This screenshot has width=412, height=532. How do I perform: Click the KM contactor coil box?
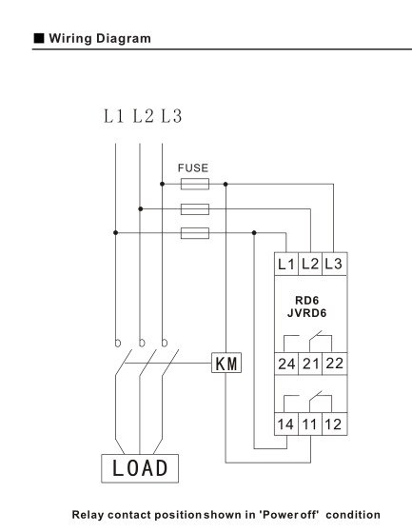(226, 363)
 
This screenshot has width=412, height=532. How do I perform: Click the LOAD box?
(140, 468)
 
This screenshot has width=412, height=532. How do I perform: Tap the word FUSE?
(193, 167)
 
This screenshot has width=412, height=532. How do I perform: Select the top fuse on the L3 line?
(195, 184)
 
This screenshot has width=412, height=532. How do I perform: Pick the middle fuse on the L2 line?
(195, 209)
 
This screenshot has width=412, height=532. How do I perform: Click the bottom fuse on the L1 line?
(195, 233)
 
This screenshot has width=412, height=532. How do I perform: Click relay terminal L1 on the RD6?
(286, 264)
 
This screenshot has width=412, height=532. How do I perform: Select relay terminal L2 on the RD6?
(310, 264)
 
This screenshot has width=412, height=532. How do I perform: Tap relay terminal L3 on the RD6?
(334, 264)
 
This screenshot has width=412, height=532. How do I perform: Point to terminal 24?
(286, 364)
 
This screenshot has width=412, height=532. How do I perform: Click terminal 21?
(310, 364)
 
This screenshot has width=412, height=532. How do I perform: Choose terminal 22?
(334, 364)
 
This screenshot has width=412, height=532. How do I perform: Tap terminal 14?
(286, 424)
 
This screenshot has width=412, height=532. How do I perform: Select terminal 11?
(310, 424)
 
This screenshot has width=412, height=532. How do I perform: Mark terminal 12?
(334, 424)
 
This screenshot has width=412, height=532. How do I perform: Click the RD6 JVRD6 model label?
(307, 306)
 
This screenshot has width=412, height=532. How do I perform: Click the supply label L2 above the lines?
(143, 116)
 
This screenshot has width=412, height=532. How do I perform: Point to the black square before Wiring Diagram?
(39, 38)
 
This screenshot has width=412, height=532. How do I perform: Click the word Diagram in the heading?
(124, 38)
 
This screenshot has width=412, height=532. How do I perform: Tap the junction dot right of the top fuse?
(226, 184)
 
